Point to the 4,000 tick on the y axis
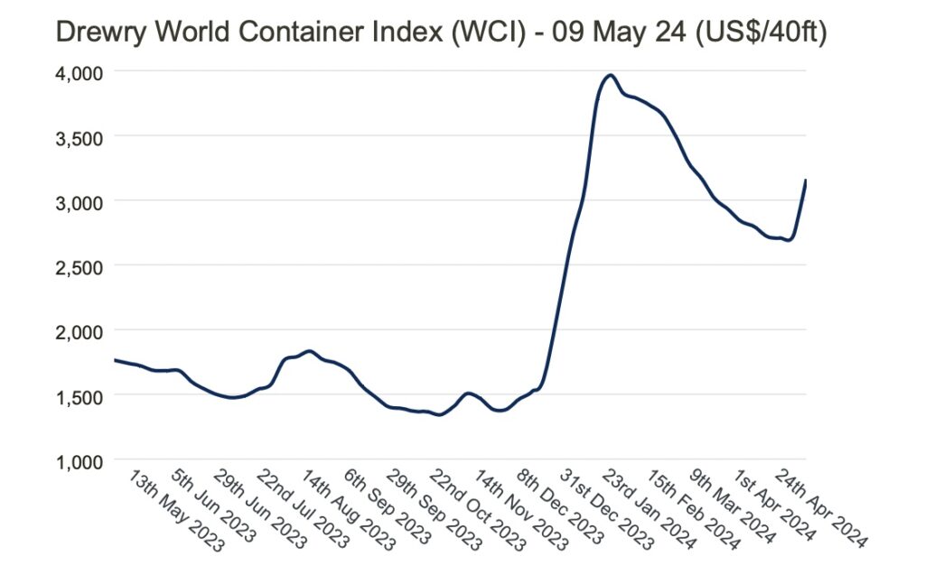(79, 71)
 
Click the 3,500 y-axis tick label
(79, 136)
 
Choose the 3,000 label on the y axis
(79, 201)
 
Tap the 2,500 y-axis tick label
(79, 266)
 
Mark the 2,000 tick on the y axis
(79, 331)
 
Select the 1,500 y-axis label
(79, 396)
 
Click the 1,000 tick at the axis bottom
(79, 460)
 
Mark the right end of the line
(806, 181)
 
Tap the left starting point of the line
(115, 360)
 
